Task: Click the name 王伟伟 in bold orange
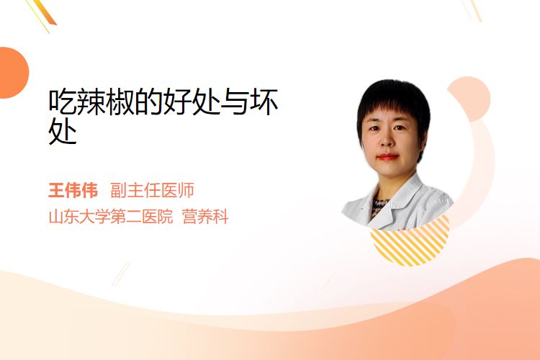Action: (73, 190)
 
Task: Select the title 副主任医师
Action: (152, 190)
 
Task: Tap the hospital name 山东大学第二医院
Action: (111, 217)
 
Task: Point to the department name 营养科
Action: (205, 217)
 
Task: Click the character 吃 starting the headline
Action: (63, 102)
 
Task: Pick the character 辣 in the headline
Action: (91, 102)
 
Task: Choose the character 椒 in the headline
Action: (120, 102)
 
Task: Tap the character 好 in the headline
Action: (177, 102)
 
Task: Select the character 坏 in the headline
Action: (264, 102)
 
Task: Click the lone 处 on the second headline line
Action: (63, 131)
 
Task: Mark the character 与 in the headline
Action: (235, 102)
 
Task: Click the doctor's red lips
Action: (387, 158)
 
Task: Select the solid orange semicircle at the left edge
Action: (13, 73)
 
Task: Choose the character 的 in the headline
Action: (149, 102)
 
